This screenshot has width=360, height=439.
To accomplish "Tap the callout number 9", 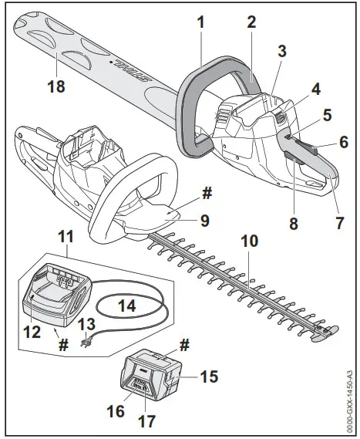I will click(204, 219).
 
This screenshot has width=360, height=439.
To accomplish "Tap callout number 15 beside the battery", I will click(207, 377).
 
